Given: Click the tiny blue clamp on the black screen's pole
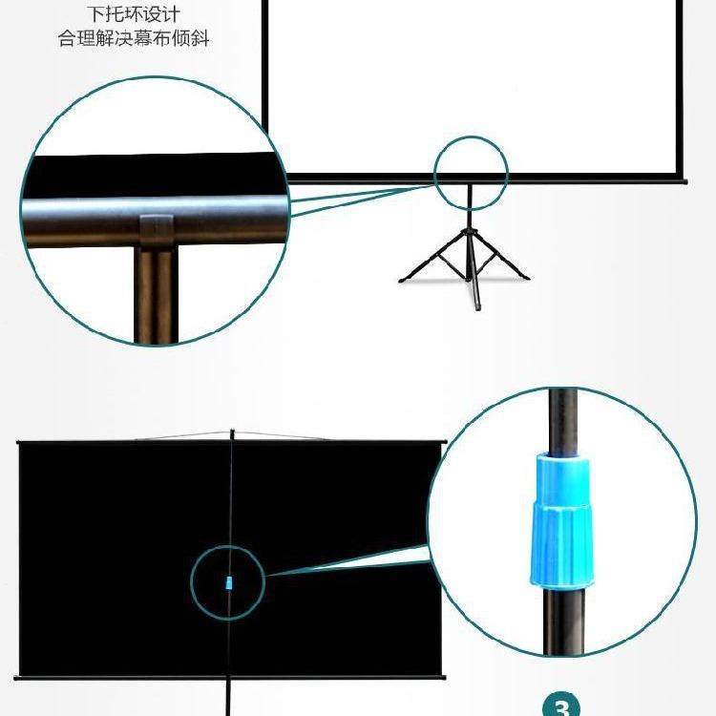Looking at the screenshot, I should pos(228,582).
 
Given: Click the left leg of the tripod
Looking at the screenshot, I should pos(430,259).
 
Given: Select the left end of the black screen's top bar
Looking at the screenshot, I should pos(20,441).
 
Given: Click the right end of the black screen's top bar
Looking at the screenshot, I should pos(442,441).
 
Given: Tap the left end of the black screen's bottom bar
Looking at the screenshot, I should pos(19,678).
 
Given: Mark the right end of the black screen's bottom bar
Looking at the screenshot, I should pos(442,678).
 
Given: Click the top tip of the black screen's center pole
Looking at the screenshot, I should pos(231,432).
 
